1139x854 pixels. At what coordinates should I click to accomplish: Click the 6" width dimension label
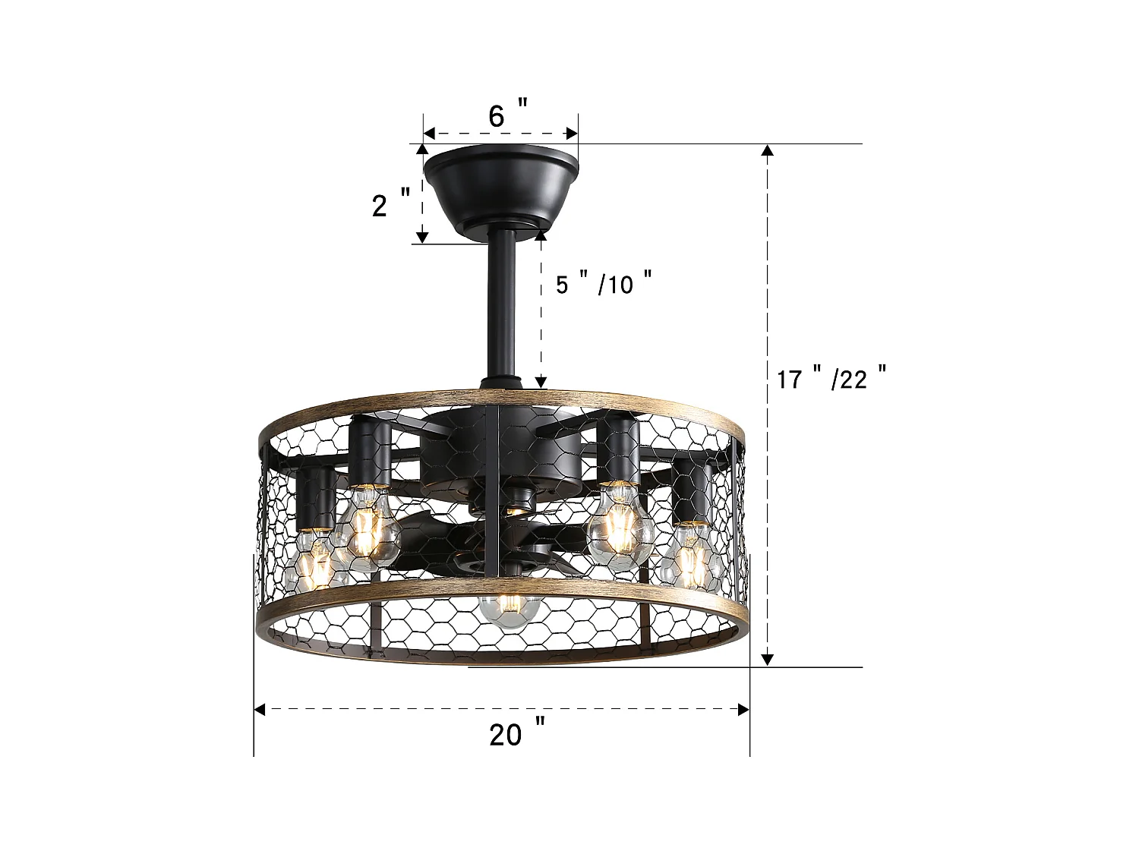(x=507, y=116)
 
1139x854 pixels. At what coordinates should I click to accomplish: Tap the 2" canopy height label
(x=390, y=204)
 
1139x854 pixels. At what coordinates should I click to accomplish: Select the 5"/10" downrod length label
(x=604, y=284)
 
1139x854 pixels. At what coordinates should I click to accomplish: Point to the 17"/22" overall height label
(x=831, y=377)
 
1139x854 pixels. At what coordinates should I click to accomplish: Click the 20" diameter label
(x=516, y=734)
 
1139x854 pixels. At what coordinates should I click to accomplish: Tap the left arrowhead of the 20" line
(x=260, y=710)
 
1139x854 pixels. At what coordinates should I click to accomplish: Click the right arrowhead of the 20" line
(x=744, y=710)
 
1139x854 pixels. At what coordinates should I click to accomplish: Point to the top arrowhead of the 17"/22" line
(x=768, y=150)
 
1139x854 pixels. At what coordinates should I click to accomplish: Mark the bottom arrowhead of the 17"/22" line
(x=768, y=660)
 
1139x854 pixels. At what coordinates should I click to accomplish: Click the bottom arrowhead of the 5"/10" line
(x=541, y=383)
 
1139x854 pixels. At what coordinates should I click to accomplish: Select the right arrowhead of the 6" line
(x=573, y=134)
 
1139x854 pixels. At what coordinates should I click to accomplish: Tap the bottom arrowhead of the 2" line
(x=422, y=237)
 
